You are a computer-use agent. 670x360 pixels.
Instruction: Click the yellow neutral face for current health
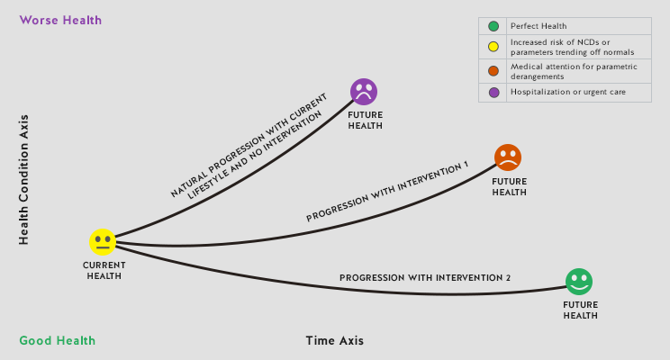(103, 242)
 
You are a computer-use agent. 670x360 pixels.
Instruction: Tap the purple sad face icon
(364, 92)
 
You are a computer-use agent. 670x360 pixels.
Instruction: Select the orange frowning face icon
(508, 157)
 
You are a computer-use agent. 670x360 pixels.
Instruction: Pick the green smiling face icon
(579, 282)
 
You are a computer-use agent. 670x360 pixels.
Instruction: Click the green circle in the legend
(493, 26)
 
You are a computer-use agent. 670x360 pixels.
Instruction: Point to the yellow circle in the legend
(493, 48)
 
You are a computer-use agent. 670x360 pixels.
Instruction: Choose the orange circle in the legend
(493, 70)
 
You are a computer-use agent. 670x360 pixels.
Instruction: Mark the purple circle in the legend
(493, 92)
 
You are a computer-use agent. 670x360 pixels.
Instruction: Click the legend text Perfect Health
(539, 26)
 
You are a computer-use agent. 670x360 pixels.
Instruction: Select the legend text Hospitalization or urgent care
(567, 92)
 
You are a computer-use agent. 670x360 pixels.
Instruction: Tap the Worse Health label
(60, 20)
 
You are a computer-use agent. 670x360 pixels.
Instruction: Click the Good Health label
(58, 340)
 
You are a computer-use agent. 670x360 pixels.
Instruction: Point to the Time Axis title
(335, 340)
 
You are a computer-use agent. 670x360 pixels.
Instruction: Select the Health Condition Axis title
(24, 179)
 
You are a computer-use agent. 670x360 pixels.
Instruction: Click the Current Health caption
(104, 271)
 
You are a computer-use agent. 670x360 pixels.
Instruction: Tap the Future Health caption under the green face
(580, 310)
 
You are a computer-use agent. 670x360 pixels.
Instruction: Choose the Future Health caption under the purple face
(365, 121)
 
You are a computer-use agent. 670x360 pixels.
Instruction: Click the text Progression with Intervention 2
(425, 278)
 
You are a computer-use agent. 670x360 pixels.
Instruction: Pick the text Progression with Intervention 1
(387, 193)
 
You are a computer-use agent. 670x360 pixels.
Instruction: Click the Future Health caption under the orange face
(509, 187)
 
